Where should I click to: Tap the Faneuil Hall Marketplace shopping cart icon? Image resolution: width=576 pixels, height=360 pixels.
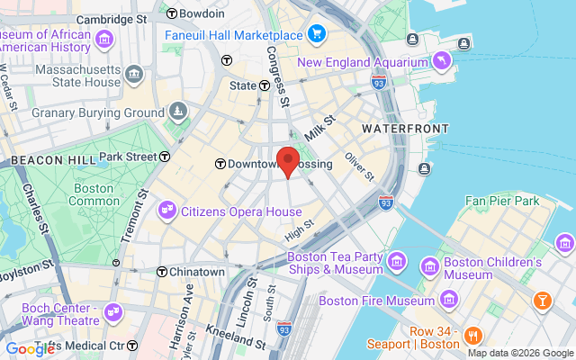tap(316, 34)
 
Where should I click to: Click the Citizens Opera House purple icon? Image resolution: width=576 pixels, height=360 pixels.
tap(167, 211)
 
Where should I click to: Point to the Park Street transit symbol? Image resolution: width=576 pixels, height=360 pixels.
tap(165, 157)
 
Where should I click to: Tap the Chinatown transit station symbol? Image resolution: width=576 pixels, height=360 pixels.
tap(162, 272)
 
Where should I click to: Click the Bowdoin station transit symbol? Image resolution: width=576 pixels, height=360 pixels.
tap(169, 14)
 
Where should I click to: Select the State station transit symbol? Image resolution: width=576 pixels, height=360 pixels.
tap(265, 86)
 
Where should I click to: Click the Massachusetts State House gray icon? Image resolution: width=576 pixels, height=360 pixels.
tap(134, 73)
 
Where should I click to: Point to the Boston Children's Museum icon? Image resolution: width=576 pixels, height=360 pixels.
tap(429, 267)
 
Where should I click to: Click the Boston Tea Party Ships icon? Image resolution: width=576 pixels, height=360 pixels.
tap(397, 262)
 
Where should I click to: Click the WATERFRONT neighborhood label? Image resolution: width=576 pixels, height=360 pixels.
tap(405, 130)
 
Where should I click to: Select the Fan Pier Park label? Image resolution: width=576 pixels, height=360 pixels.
tap(502, 200)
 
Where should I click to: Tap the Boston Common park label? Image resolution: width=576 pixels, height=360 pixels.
tap(94, 195)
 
